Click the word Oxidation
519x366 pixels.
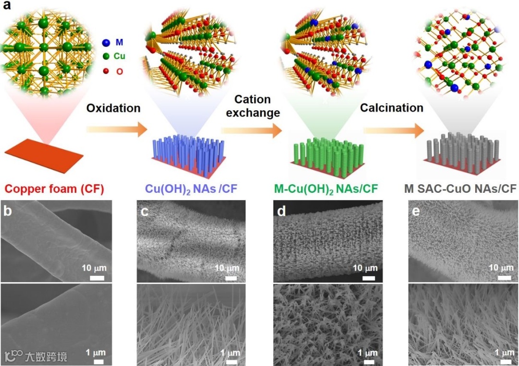point(113,108)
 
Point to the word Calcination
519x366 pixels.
point(392,108)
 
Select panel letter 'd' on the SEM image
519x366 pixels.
point(280,211)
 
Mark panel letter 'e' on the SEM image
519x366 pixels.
point(416,211)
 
